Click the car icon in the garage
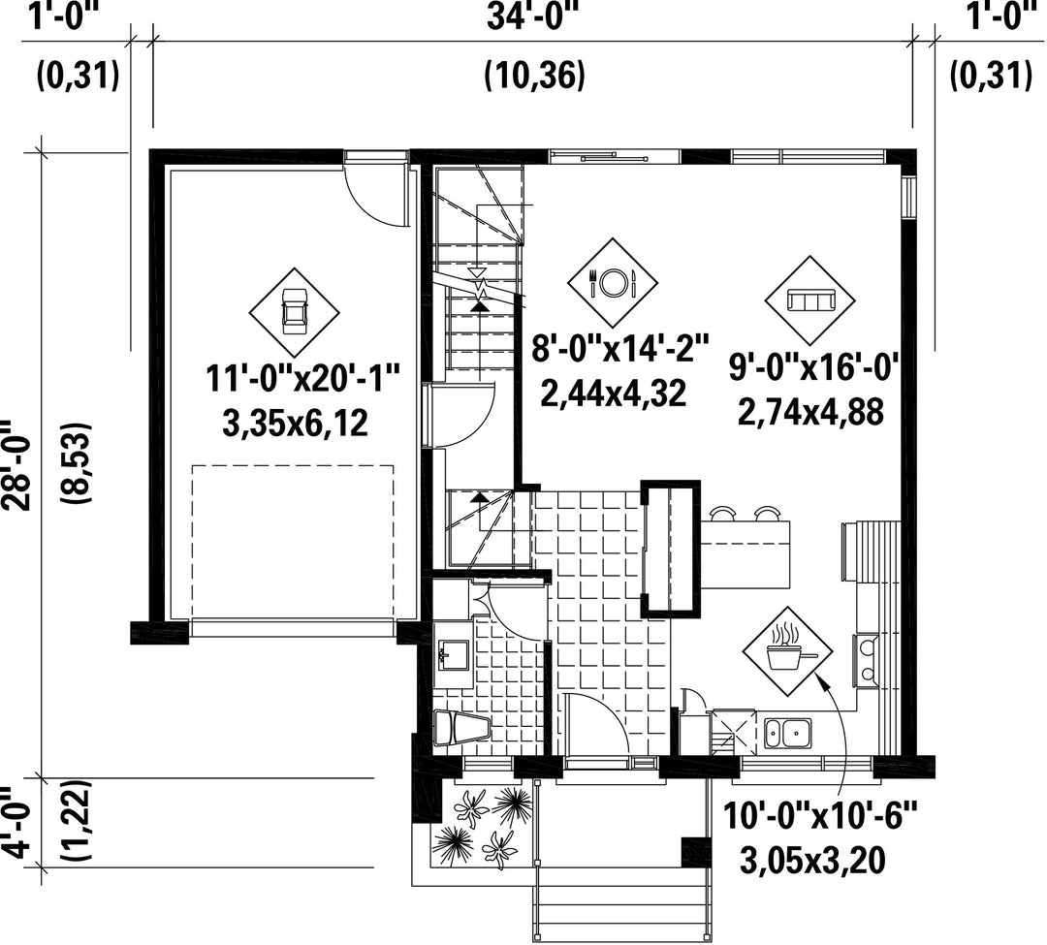pyautogui.click(x=294, y=312)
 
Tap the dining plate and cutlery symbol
pyautogui.click(x=613, y=282)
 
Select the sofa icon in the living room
pyautogui.click(x=809, y=300)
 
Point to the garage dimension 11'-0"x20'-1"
pyautogui.click(x=302, y=380)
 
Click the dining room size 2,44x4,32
pyautogui.click(x=613, y=394)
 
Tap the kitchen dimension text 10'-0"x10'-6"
pyautogui.click(x=820, y=815)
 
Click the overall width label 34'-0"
pyautogui.click(x=532, y=16)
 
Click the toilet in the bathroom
pyautogui.click(x=460, y=728)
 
